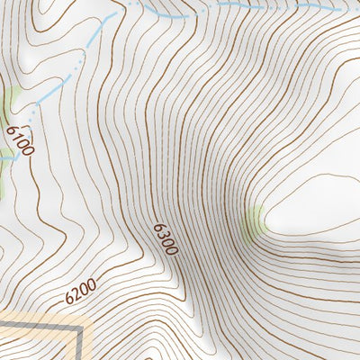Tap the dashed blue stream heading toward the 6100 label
pyautogui.click(x=63, y=81)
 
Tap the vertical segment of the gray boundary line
pyautogui.click(x=81, y=346)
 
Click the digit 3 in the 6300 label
pyautogui.click(x=163, y=233)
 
